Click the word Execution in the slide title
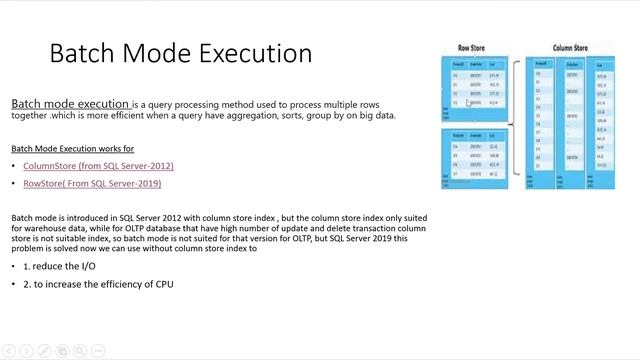254,53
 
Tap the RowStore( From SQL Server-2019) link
92,183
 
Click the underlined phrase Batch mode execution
70,103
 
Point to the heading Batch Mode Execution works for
72,148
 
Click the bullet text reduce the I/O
59,267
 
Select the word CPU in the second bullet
163,285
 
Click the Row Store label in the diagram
473,47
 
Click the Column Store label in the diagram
571,47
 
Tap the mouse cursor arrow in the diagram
469,102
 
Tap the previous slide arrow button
9,351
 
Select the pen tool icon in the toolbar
43,351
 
